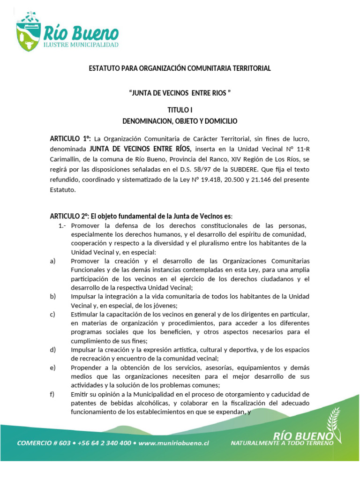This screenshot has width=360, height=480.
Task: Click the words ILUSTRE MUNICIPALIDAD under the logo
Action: pyautogui.click(x=81, y=45)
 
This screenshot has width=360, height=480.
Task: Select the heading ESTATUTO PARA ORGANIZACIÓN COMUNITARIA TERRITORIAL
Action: pyautogui.click(x=180, y=68)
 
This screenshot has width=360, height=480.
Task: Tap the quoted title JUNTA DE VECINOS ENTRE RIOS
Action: pyautogui.click(x=180, y=93)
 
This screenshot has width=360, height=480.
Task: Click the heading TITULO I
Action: pyautogui.click(x=180, y=111)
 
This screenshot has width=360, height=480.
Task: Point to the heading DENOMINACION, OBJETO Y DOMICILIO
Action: pyautogui.click(x=180, y=121)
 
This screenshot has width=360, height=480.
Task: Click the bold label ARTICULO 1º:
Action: pyautogui.click(x=70, y=139)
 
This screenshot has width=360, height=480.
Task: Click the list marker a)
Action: pyautogui.click(x=53, y=261)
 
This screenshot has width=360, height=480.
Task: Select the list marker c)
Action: pyautogui.click(x=53, y=314)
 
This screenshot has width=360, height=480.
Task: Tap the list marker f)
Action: pyautogui.click(x=52, y=394)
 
